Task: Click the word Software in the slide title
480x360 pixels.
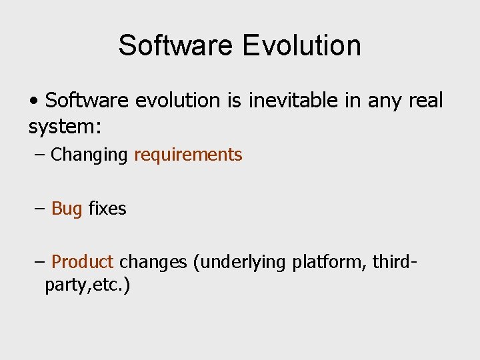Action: tap(175, 45)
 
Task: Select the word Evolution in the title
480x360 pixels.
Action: tap(302, 45)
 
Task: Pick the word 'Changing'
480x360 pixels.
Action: tap(89, 155)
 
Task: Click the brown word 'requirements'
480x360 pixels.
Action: tap(188, 155)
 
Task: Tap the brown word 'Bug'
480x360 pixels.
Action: tap(67, 209)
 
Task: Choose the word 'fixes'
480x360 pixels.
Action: tap(107, 209)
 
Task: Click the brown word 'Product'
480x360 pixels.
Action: tap(83, 262)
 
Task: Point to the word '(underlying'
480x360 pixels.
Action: tap(240, 263)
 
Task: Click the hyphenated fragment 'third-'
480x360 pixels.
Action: tap(395, 262)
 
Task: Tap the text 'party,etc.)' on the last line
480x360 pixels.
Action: tap(87, 285)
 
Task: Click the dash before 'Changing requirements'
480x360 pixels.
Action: tap(39, 155)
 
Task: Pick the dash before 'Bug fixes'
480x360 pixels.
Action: tap(39, 209)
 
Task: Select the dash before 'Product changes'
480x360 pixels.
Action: tap(39, 262)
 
